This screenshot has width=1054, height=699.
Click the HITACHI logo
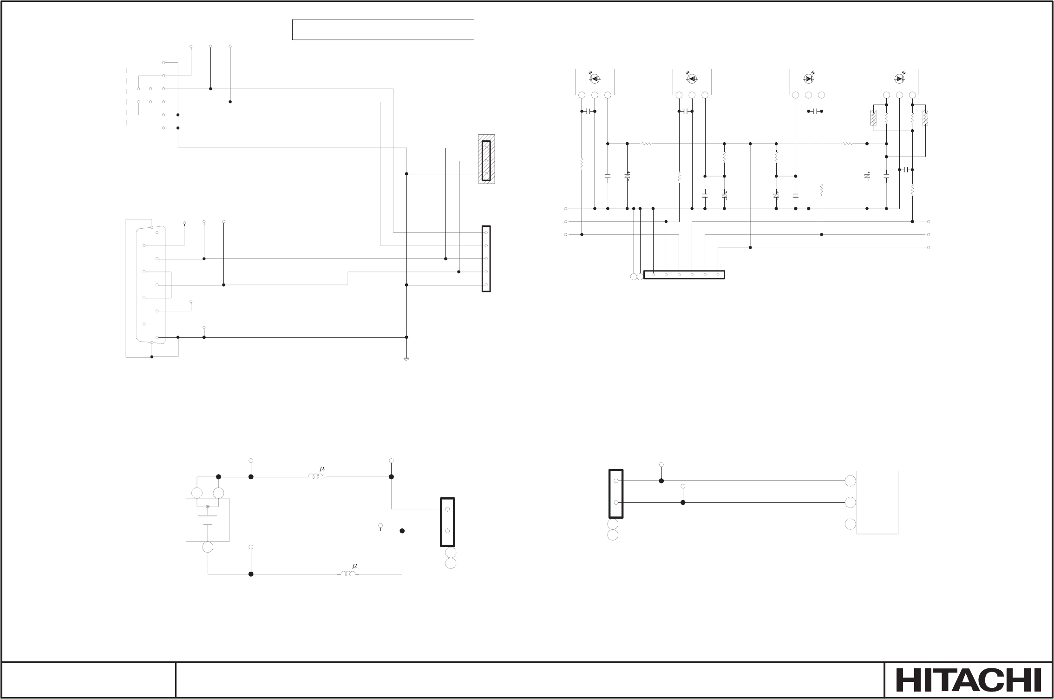click(x=969, y=680)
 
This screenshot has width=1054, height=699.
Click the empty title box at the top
click(x=383, y=30)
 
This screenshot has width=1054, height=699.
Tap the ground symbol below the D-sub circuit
click(x=406, y=359)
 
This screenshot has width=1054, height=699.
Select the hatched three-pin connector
click(x=486, y=159)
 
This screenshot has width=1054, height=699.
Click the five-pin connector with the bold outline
click(x=486, y=259)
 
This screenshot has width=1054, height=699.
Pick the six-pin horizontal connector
click(x=684, y=275)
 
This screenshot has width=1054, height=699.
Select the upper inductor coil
click(x=317, y=476)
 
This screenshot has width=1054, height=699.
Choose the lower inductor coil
click(x=348, y=574)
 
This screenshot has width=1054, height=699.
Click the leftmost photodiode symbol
click(x=595, y=79)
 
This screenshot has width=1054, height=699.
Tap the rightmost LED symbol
click(x=899, y=79)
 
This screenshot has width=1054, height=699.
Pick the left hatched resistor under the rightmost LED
click(x=873, y=118)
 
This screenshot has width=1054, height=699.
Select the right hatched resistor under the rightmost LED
click(x=925, y=118)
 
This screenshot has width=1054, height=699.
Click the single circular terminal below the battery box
click(x=208, y=547)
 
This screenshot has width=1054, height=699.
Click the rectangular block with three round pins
click(x=877, y=502)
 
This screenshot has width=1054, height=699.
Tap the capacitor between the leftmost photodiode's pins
click(x=588, y=112)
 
